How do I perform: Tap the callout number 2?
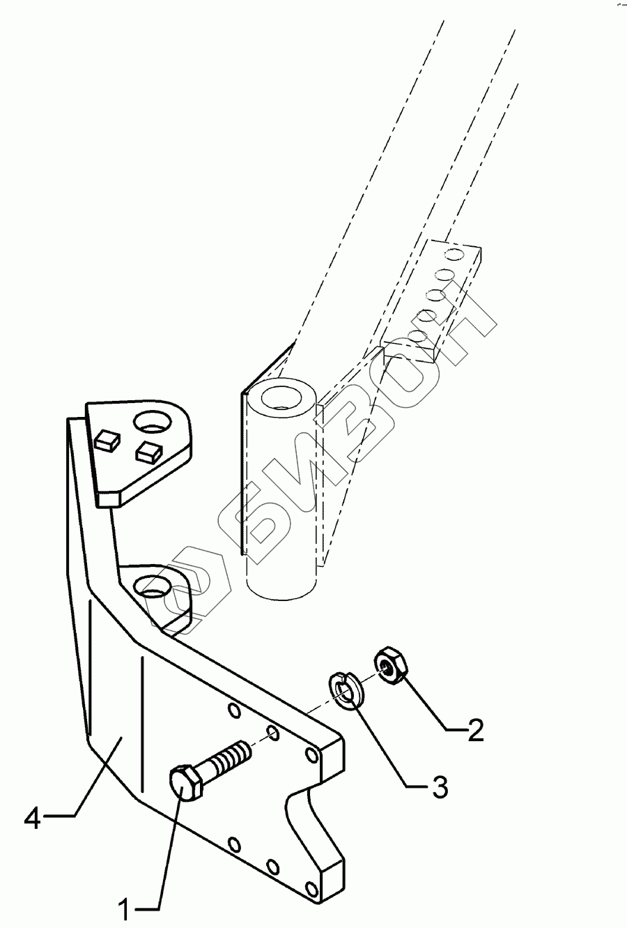pyautogui.click(x=476, y=730)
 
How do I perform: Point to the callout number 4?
pyautogui.click(x=33, y=816)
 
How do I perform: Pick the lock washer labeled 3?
pyautogui.click(x=343, y=690)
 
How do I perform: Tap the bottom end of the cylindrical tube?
pyautogui.click(x=283, y=586)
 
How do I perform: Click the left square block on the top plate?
pyautogui.click(x=106, y=440)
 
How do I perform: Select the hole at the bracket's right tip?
pyautogui.click(x=311, y=755)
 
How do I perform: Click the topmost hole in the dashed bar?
pyautogui.click(x=454, y=250)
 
